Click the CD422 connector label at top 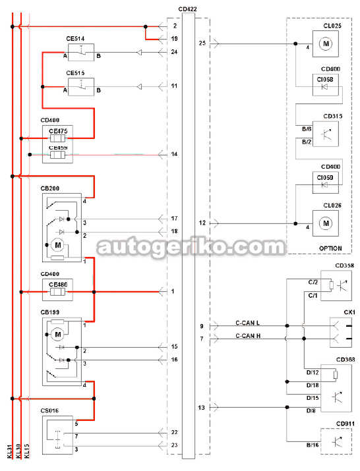click(x=187, y=9)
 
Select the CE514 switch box click(x=81, y=52)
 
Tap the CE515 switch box click(x=81, y=87)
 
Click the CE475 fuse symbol click(x=57, y=138)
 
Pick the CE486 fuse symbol click(x=57, y=292)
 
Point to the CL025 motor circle click(x=326, y=44)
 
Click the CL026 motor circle click(x=326, y=223)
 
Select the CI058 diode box click(x=326, y=85)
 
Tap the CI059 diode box click(x=326, y=182)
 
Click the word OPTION click(x=330, y=248)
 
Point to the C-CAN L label click(x=247, y=323)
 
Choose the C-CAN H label click(x=248, y=336)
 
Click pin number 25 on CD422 click(x=202, y=43)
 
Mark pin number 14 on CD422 click(x=174, y=154)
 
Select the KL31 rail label click(x=10, y=451)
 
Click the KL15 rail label click(x=27, y=451)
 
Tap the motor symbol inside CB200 click(x=58, y=245)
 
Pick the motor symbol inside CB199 click(x=58, y=335)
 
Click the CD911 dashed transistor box click(x=336, y=441)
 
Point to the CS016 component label click(x=49, y=410)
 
